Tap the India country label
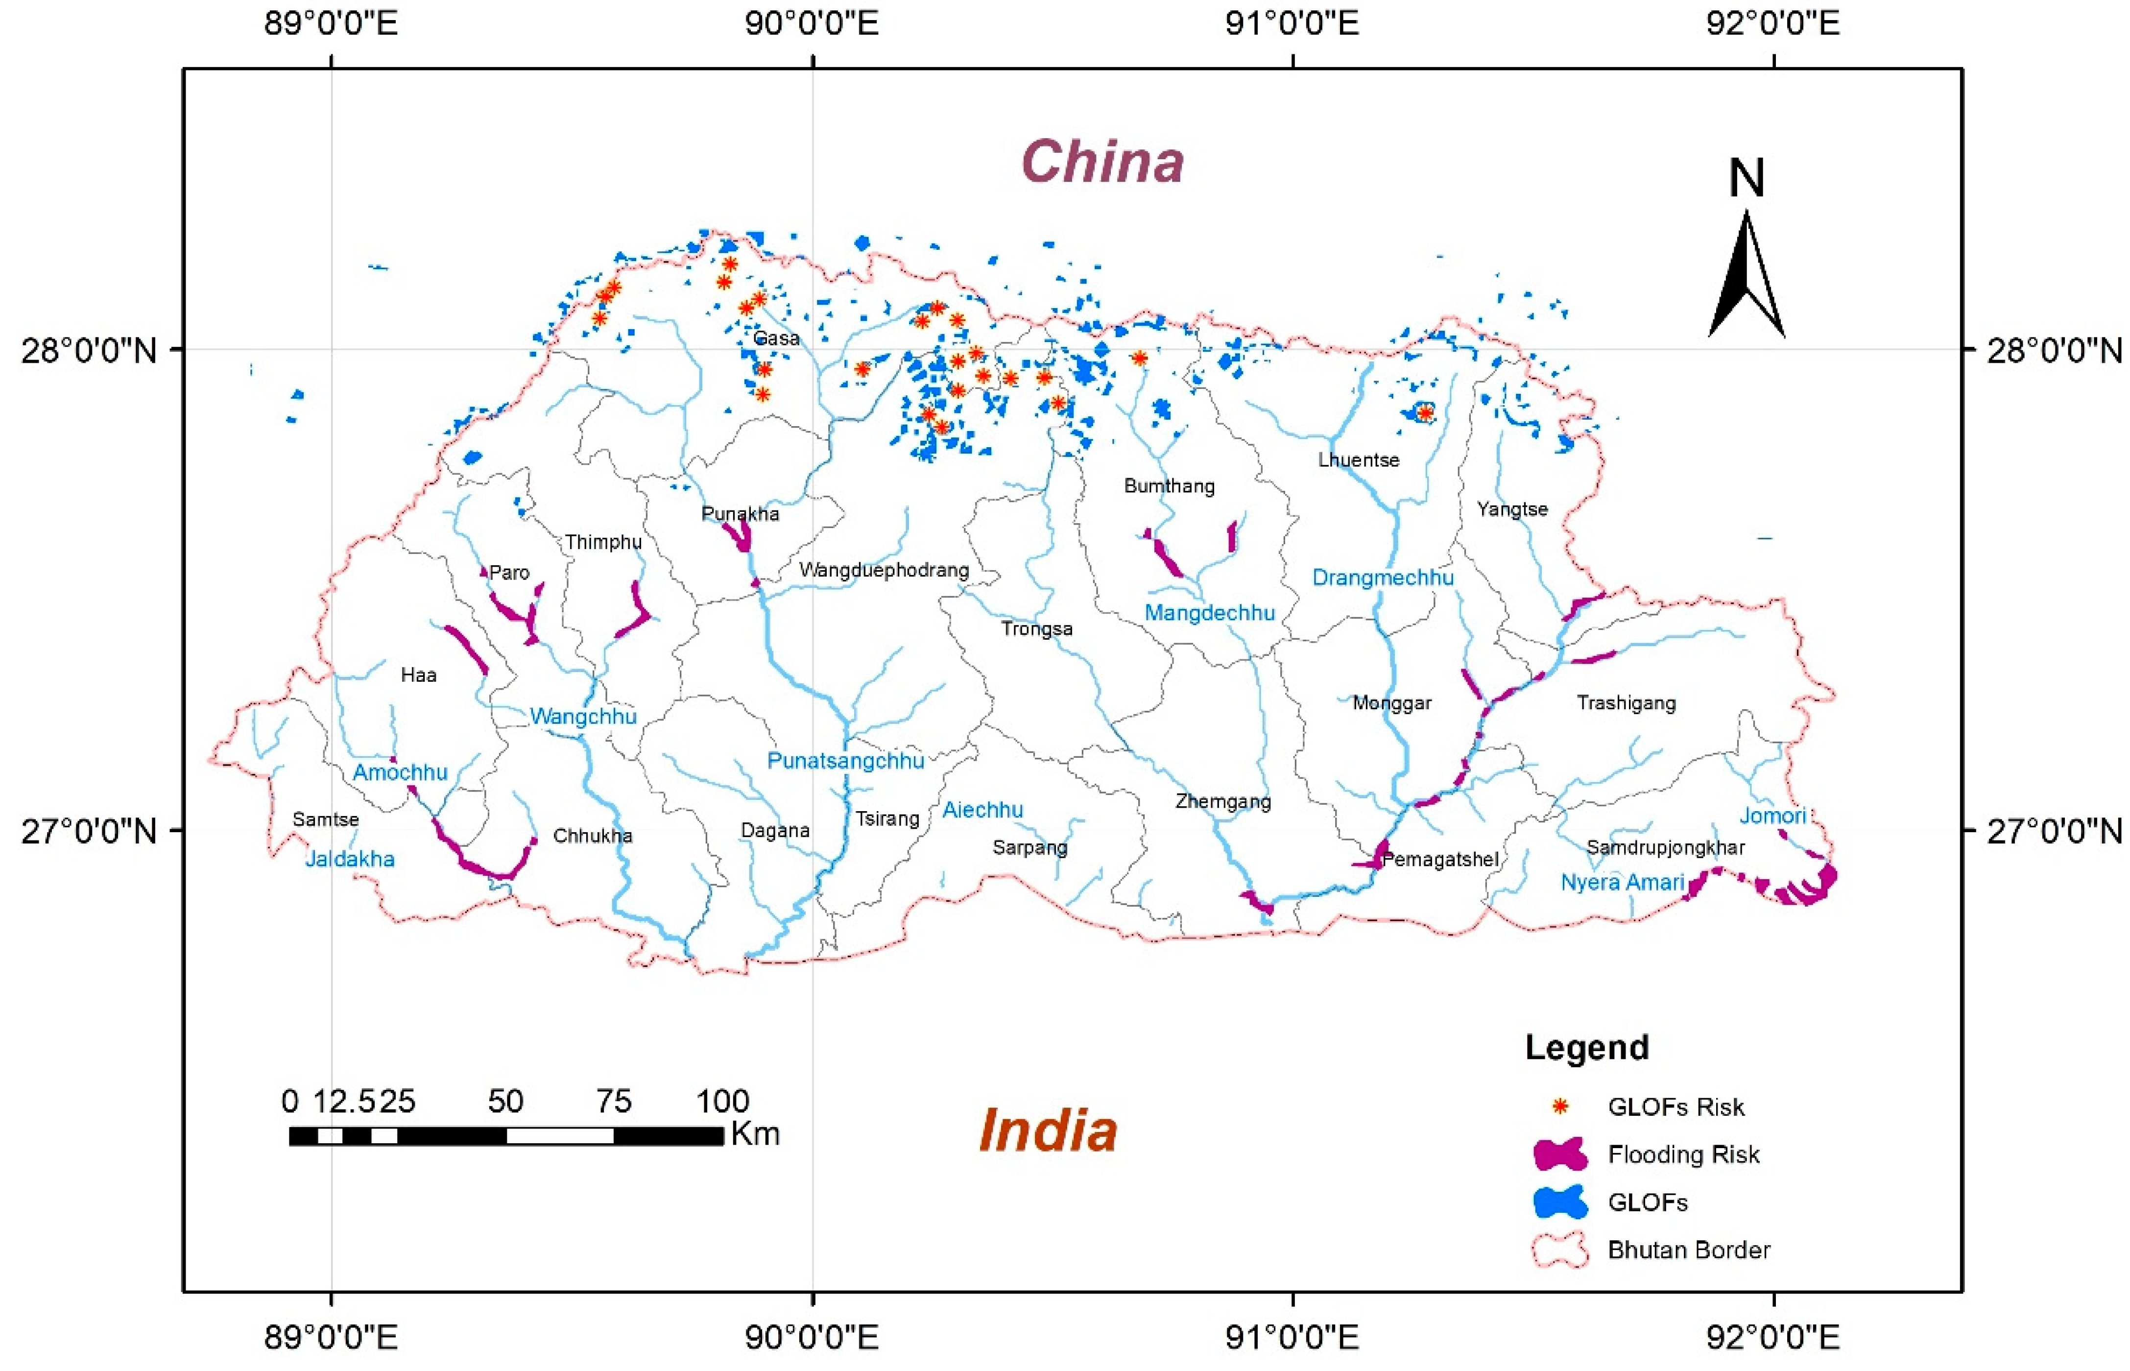click(x=1048, y=1130)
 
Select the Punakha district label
click(x=740, y=514)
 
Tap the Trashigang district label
click(x=1626, y=703)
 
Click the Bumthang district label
click(x=1169, y=486)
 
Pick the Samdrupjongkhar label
click(x=1665, y=847)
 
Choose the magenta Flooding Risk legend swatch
click(x=1560, y=1155)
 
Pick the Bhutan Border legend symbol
click(x=1560, y=1250)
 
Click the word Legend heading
click(x=1586, y=1047)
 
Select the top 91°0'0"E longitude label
click(x=1292, y=23)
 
